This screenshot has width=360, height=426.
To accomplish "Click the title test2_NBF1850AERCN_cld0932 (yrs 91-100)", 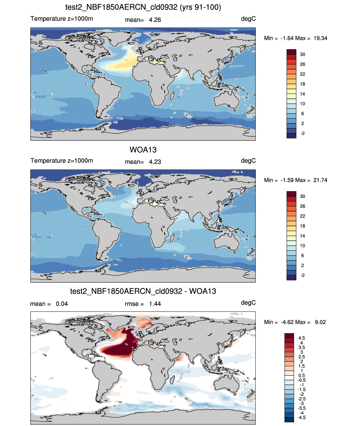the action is pos(143,7).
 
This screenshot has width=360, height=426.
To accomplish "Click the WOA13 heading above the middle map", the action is pos(143,150).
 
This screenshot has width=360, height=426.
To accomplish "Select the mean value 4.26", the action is pos(155,20).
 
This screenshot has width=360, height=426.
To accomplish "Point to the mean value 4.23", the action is pos(155,162).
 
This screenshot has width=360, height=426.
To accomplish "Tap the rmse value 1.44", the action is pos(155,304).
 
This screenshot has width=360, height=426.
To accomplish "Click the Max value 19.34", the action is pos(320,38).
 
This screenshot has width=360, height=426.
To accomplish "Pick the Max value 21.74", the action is pos(320,180).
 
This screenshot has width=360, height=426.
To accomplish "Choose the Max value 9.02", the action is pos(320,322).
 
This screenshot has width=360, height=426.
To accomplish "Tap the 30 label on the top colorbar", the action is pos(302,54).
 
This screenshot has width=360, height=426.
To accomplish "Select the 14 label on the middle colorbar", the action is pos(302,236).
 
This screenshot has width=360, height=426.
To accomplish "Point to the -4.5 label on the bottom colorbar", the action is pos(301,418).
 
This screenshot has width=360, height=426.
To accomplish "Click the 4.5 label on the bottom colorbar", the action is pos(301,338).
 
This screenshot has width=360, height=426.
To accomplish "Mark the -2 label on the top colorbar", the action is pos(302,133).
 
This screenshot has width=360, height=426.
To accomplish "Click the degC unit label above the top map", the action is pos(248,19).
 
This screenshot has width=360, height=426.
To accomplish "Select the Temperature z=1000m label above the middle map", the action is pos(62,160).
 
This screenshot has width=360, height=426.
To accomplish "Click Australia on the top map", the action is pos(226,100).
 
